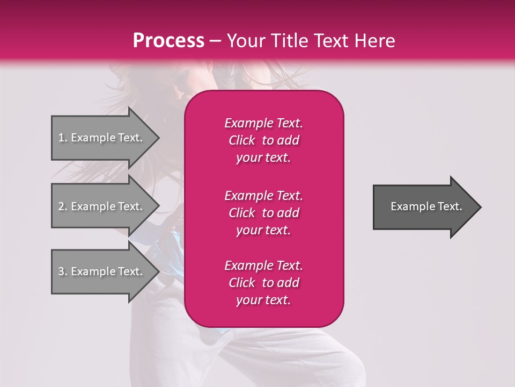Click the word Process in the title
point(168,41)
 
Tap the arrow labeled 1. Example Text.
point(102,138)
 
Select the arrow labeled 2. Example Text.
point(102,206)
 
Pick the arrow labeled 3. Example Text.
point(102,271)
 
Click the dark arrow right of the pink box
point(424,207)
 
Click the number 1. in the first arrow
point(63,138)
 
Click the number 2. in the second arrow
point(63,206)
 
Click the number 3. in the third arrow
point(63,271)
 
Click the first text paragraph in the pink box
point(263,140)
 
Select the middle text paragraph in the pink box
point(263,212)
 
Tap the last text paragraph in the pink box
point(263,283)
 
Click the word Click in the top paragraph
point(241,140)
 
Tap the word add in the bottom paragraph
point(289,283)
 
